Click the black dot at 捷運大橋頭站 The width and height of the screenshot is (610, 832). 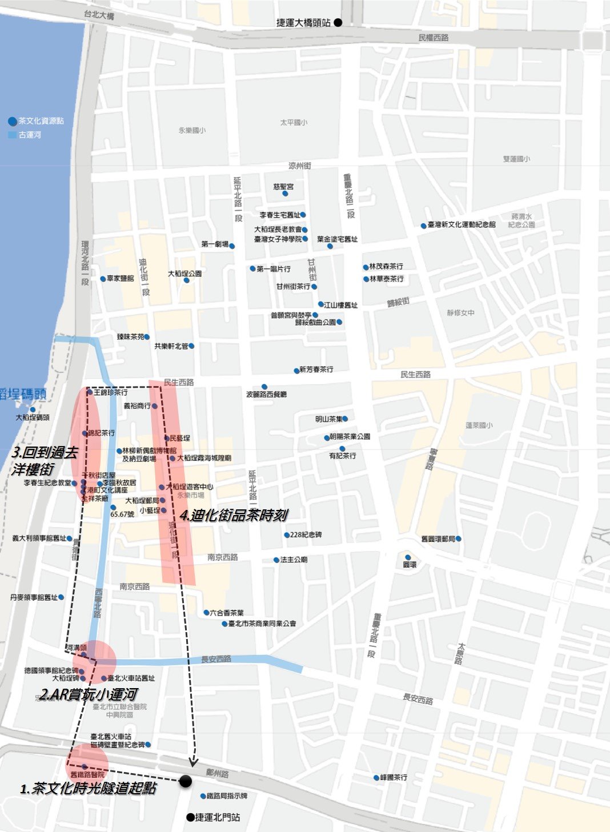[x=338, y=23]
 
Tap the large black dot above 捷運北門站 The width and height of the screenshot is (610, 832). [x=185, y=781]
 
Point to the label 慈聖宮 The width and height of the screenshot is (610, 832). [x=283, y=187]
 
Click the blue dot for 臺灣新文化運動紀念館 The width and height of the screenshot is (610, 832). [x=423, y=226]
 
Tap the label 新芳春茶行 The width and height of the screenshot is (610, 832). [x=316, y=370]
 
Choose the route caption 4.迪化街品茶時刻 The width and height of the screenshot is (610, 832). [x=234, y=515]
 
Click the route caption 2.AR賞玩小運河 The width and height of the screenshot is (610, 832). [x=88, y=694]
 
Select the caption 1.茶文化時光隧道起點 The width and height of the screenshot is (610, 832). [x=89, y=789]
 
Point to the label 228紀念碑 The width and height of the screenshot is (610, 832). [x=306, y=535]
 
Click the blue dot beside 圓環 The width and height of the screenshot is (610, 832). [x=408, y=557]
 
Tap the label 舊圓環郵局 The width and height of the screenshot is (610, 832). [x=438, y=539]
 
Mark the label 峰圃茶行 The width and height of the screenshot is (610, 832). [x=394, y=777]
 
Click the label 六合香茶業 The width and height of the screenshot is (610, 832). [x=227, y=613]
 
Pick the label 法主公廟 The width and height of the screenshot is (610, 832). [x=294, y=560]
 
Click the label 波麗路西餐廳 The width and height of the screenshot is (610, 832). [x=266, y=395]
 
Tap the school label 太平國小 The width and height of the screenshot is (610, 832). [x=294, y=123]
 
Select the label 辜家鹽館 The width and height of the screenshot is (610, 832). [x=120, y=279]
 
